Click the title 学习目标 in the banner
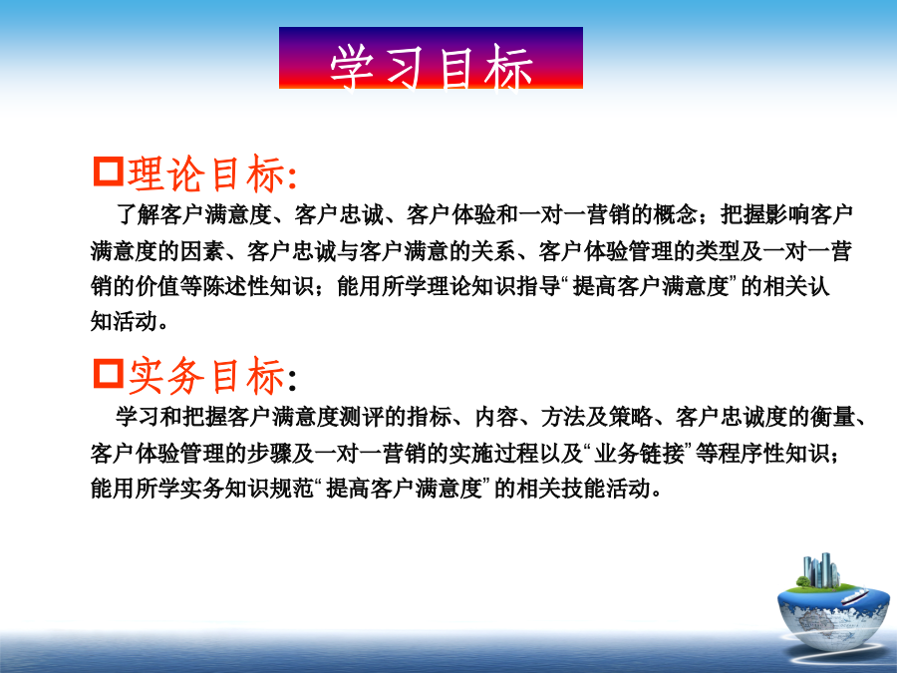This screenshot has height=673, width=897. pyautogui.click(x=432, y=67)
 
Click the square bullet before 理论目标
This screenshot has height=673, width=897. pyautogui.click(x=108, y=171)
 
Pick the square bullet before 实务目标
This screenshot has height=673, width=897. pyautogui.click(x=108, y=374)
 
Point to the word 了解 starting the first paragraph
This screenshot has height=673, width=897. pyautogui.click(x=138, y=214)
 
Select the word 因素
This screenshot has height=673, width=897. pyautogui.click(x=202, y=251)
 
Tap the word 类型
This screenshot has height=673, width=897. pyautogui.click(x=718, y=251)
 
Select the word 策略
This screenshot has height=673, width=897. pyautogui.click(x=631, y=417)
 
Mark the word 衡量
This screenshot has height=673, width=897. pyautogui.click(x=833, y=417)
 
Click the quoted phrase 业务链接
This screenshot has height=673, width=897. pyautogui.click(x=639, y=454)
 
